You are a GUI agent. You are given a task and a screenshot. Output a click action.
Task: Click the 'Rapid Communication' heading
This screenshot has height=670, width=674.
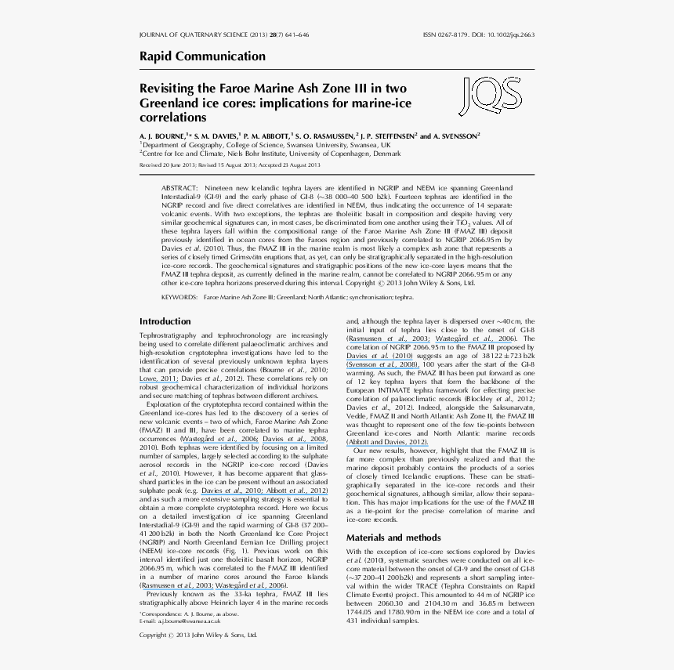point(202,56)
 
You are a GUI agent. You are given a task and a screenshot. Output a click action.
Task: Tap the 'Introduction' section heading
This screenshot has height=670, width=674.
point(165,321)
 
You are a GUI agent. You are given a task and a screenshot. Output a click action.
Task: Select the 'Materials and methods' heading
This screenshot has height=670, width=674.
point(393,538)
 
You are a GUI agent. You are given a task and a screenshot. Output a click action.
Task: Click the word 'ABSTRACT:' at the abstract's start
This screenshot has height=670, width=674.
point(180,189)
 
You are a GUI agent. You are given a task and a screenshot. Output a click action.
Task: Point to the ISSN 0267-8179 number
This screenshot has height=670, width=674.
point(446,35)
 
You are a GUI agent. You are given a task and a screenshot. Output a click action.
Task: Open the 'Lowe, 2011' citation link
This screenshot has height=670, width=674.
point(159,378)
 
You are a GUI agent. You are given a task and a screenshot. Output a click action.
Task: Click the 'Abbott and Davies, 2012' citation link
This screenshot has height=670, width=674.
point(387,442)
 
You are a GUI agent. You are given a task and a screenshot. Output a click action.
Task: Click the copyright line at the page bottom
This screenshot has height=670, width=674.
point(198,635)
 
